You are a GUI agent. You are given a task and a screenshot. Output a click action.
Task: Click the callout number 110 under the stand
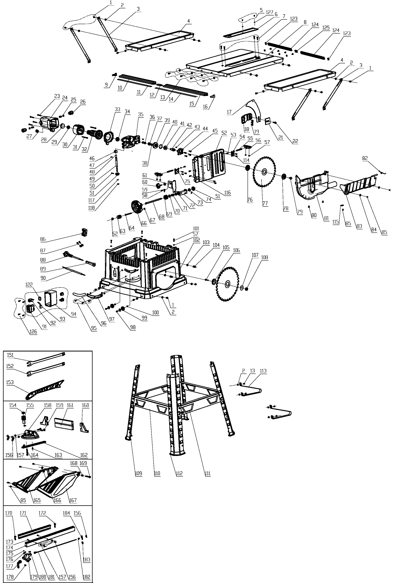157,473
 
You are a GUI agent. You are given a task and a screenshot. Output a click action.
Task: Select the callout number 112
179,473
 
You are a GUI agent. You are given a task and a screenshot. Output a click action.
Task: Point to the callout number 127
270,12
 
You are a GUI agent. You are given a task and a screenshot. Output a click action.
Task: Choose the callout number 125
326,28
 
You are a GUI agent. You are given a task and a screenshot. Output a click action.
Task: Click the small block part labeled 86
85,232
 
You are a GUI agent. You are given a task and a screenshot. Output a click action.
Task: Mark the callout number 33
118,110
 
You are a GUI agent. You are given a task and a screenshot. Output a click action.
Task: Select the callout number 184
66,513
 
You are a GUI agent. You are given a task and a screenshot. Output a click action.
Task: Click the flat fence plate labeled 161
64,423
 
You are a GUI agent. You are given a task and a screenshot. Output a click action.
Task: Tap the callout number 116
227,193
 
